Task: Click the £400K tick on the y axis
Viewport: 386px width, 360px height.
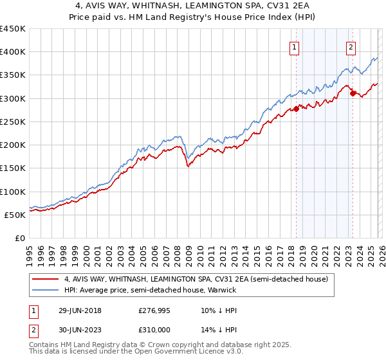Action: point(13,52)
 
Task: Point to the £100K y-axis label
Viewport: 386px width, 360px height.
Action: point(13,192)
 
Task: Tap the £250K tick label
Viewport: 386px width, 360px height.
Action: point(13,122)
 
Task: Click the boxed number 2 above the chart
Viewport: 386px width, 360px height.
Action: point(351,47)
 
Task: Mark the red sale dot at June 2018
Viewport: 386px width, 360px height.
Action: point(296,109)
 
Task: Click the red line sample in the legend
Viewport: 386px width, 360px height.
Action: point(45,279)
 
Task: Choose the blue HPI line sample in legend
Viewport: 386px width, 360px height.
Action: point(45,290)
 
